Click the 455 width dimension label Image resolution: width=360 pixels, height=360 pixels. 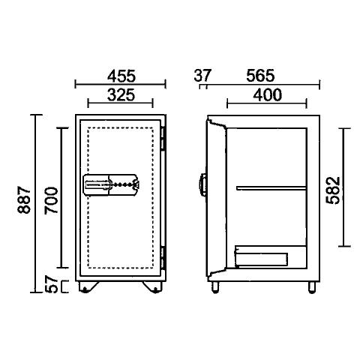click(121, 76)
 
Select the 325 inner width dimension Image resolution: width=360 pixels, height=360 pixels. click(121, 95)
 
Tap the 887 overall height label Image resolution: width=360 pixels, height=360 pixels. click(24, 199)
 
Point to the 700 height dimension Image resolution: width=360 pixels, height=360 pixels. click(51, 200)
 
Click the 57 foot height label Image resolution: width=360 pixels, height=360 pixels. click(51, 283)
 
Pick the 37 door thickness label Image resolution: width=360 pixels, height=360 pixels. click(202, 76)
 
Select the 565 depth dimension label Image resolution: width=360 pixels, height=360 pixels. click(260, 76)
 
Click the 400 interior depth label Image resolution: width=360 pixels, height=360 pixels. click(267, 95)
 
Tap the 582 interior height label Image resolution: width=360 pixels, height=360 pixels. click(334, 190)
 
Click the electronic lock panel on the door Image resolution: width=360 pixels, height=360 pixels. click(112, 184)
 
